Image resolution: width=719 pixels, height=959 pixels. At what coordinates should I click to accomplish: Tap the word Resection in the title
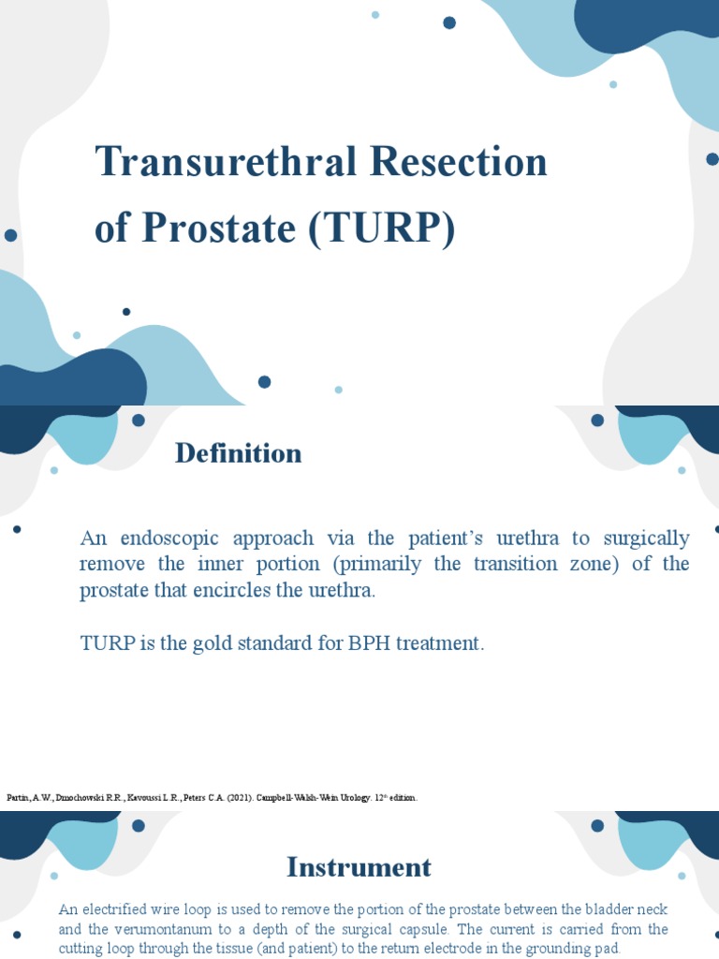point(459,162)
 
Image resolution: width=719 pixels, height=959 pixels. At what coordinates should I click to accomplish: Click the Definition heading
point(238,453)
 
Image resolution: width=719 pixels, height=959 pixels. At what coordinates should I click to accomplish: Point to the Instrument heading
point(359,867)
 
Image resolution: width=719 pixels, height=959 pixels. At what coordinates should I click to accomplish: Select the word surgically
point(646,539)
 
